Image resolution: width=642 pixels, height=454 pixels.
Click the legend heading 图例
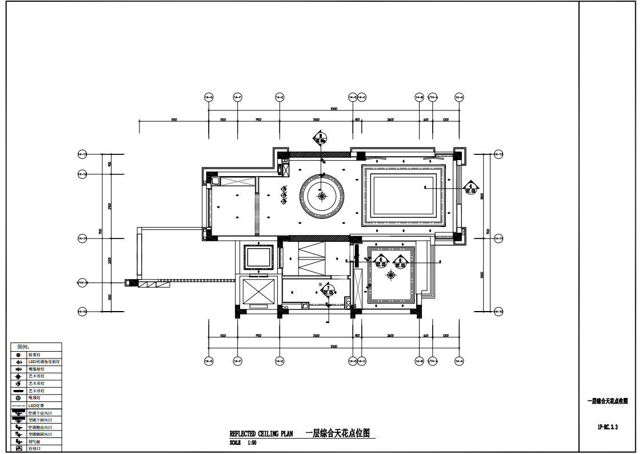pyautogui.click(x=23, y=347)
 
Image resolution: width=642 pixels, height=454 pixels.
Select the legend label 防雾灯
pyautogui.click(x=34, y=355)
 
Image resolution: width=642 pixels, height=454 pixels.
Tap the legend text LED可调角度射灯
pyautogui.click(x=44, y=362)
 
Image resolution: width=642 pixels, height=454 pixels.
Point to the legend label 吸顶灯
pyautogui.click(x=34, y=398)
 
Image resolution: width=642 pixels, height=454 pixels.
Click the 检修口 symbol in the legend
pyautogui.click(x=18, y=449)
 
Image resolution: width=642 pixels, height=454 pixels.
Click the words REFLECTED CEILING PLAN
pyautogui.click(x=261, y=434)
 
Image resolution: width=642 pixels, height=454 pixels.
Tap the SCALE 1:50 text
pyautogui.click(x=243, y=443)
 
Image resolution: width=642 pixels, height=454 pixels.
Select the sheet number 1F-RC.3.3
pyautogui.click(x=608, y=427)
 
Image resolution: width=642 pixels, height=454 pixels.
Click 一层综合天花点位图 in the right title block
pyautogui.click(x=608, y=401)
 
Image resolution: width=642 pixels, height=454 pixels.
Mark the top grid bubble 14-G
pyautogui.click(x=209, y=97)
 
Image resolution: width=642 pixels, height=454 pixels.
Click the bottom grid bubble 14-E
pyautogui.click(x=280, y=361)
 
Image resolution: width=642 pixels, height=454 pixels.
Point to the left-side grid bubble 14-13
pyautogui.click(x=82, y=154)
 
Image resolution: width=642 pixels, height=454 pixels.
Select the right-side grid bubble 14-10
pyautogui.click(x=498, y=312)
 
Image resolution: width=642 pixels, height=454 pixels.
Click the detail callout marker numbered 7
pyautogui.click(x=328, y=290)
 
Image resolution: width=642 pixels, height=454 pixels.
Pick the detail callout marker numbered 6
pyautogui.click(x=381, y=262)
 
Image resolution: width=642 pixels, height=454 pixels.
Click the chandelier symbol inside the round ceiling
pyautogui.click(x=322, y=196)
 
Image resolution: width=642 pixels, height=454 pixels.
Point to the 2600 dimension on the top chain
pyautogui.click(x=390, y=120)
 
